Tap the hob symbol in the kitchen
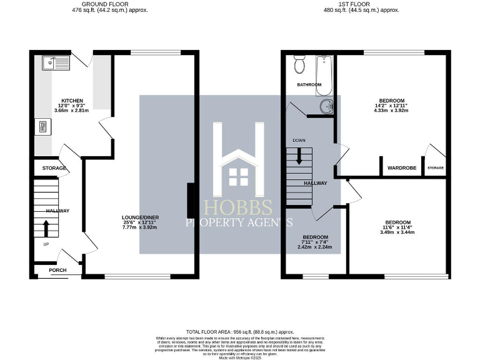pyautogui.click(x=42, y=127)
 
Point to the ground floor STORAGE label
pyautogui.click(x=54, y=169)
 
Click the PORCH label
pyautogui.click(x=58, y=270)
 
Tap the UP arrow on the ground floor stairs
pyautogui.click(x=46, y=226)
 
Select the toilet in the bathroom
pyautogui.click(x=299, y=64)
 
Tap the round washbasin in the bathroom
pyautogui.click(x=326, y=106)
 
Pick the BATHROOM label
pyautogui.click(x=309, y=84)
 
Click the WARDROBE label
pyautogui.click(x=402, y=168)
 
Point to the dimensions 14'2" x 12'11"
pyautogui.click(x=391, y=106)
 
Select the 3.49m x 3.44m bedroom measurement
pyautogui.click(x=397, y=232)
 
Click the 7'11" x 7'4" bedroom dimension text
pyautogui.click(x=315, y=242)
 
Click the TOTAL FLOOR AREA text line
pyautogui.click(x=239, y=332)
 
